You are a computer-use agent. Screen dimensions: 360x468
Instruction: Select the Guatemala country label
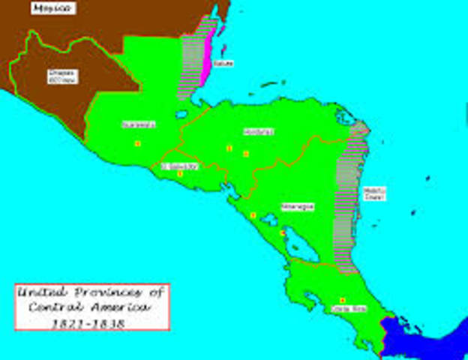tap(133, 125)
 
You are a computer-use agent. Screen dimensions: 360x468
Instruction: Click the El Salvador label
tap(179, 166)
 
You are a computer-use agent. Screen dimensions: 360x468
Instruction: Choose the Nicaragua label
tap(297, 207)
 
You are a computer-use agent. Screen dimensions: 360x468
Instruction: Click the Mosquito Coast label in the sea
tap(374, 193)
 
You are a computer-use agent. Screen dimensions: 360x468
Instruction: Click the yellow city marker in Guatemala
tap(137, 143)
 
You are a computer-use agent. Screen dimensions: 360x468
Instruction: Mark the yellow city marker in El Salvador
tap(180, 174)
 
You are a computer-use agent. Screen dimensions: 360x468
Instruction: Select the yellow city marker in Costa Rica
tap(343, 300)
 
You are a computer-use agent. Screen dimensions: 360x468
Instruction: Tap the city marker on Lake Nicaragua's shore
tap(282, 233)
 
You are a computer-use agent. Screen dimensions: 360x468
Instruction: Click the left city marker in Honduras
tap(229, 148)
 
